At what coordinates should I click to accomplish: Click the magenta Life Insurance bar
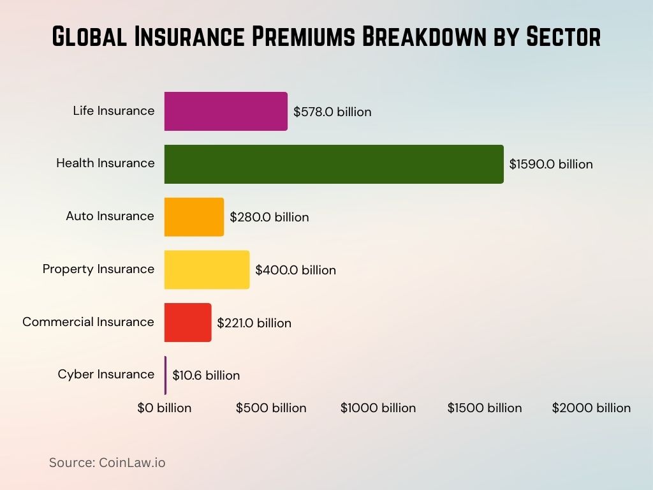[x=226, y=111]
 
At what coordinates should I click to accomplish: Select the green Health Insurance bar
[x=334, y=164]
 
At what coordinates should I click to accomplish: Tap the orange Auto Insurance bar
[x=194, y=217]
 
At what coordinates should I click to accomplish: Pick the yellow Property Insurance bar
[x=207, y=270]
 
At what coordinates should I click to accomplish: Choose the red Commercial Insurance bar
[x=187, y=323]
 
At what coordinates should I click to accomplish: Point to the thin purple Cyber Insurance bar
[x=165, y=375]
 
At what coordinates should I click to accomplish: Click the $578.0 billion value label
[x=332, y=112]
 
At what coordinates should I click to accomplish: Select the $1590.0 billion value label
[x=551, y=164]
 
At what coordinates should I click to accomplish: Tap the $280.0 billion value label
[x=269, y=217]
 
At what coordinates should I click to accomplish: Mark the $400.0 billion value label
[x=295, y=270]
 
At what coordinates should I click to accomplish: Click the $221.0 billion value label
[x=254, y=323]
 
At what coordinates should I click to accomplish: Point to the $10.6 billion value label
[x=206, y=375]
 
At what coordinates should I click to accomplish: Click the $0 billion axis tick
[x=165, y=408]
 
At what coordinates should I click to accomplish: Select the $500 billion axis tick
[x=271, y=408]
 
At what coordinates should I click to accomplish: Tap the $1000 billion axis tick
[x=378, y=408]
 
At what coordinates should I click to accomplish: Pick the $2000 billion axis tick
[x=591, y=408]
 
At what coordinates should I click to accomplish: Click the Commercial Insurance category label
[x=88, y=322]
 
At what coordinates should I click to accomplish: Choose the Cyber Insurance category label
[x=106, y=374]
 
